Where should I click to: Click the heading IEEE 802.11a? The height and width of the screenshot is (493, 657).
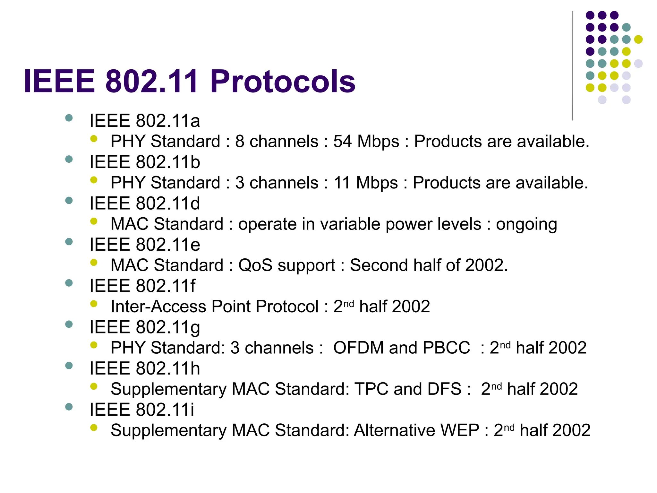144,121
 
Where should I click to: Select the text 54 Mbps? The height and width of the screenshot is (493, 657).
366,141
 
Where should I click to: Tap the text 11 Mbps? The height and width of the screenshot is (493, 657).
365,183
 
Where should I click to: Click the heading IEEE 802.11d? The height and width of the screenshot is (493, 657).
144,203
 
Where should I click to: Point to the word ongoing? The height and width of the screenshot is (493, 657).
526,224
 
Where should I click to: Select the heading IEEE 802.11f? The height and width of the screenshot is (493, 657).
142,286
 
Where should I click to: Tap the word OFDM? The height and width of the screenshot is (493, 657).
358,348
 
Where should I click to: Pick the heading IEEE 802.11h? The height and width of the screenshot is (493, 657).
144,368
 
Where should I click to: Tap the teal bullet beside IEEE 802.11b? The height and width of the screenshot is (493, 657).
69,159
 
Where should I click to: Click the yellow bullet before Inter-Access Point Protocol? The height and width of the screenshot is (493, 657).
94,304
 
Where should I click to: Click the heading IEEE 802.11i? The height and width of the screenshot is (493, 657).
141,410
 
